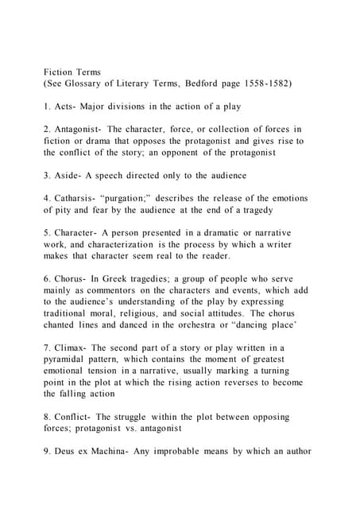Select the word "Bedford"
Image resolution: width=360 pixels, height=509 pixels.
[x=196, y=84]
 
